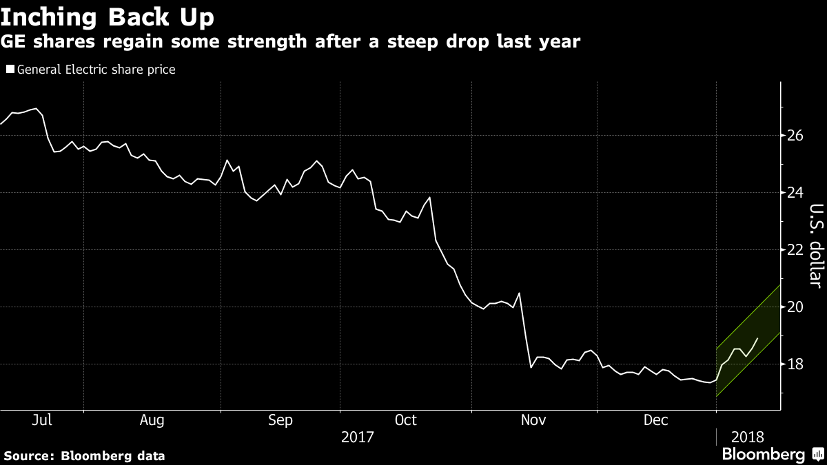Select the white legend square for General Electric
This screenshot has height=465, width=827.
coord(10,70)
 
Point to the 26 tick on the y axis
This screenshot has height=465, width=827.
coord(795,135)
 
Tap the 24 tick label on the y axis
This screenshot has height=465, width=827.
coord(795,192)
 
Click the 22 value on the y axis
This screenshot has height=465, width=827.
coord(795,249)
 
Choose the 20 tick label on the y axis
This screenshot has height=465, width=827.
coord(795,307)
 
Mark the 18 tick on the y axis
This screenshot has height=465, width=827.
coord(795,364)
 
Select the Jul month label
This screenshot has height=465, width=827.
coord(42,420)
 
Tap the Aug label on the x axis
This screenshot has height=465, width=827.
coord(152,420)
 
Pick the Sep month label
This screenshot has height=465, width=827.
coord(280,420)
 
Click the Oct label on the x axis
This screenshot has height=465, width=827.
coord(405,420)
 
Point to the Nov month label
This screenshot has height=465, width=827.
coord(534,420)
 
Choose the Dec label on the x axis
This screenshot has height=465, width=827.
coord(656,420)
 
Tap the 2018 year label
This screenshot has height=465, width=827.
coord(747,437)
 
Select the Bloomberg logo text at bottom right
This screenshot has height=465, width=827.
coord(763,455)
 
